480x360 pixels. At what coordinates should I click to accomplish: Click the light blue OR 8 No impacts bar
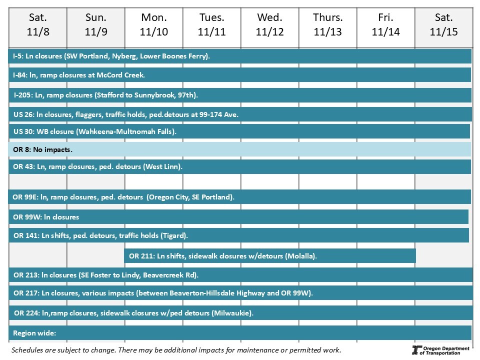pos(240,149)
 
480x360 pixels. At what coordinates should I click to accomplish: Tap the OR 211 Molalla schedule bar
pos(270,256)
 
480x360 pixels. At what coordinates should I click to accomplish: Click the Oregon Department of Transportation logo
pos(440,350)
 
